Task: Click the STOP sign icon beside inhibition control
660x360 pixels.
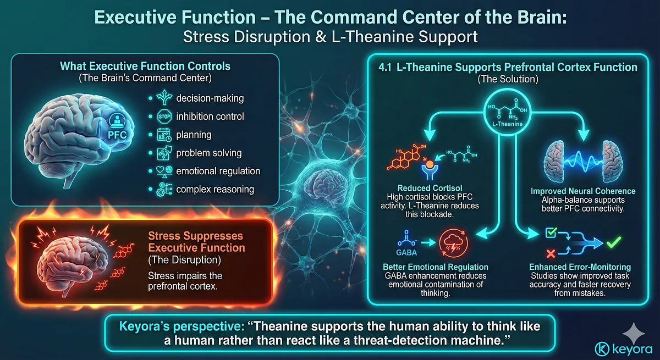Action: (164, 117)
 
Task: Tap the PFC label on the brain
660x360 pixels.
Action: (117, 135)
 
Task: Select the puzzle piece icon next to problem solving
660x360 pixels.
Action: (164, 153)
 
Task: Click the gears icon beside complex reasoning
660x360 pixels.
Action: (164, 189)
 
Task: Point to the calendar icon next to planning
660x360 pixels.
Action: (164, 135)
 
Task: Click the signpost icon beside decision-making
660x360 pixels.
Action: (164, 98)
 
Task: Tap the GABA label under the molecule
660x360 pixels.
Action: (406, 253)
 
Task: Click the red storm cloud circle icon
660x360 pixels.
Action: (453, 243)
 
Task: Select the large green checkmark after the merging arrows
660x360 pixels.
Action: (614, 242)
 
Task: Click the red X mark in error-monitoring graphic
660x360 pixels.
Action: (551, 253)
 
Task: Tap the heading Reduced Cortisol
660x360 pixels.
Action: (430, 188)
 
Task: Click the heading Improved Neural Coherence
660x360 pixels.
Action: (583, 191)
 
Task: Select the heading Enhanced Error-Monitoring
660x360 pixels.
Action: (580, 267)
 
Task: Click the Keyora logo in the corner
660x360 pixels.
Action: (624, 349)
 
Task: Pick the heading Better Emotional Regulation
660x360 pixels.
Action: (436, 267)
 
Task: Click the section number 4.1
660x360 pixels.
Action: (385, 68)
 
